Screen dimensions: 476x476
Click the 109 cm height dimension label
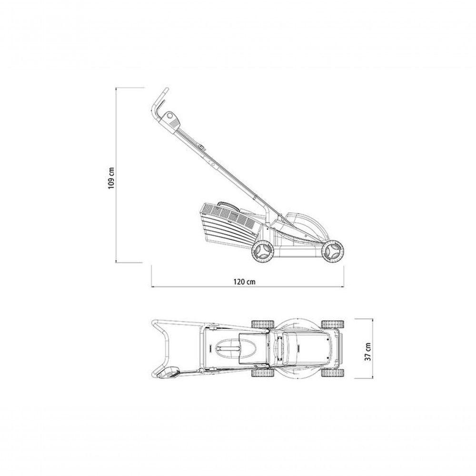(x=111, y=178)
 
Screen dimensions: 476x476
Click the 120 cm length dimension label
(x=244, y=282)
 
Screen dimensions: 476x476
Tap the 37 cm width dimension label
(x=367, y=352)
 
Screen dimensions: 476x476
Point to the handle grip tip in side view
(x=166, y=90)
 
